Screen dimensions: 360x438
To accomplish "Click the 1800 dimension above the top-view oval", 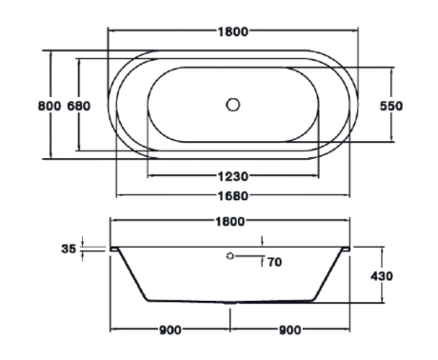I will coord(232,31).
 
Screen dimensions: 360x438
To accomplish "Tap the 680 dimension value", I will coord(79,106).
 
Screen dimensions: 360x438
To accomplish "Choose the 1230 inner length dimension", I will coord(232,177).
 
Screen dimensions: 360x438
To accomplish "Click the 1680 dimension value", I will coord(232,196).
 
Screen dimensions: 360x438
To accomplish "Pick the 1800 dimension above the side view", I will coord(232,220).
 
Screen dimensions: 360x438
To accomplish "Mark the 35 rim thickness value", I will coord(68,250).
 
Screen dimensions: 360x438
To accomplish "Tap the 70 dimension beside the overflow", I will coord(274,261).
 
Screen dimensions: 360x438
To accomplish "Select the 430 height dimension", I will coord(381,276).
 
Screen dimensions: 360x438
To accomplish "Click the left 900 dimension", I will coord(169,330).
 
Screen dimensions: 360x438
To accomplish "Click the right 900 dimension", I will coord(289,330).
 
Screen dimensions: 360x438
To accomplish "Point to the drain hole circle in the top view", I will coord(232,105).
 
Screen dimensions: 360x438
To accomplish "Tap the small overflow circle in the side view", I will coord(229,255).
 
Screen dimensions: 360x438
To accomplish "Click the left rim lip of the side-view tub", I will coord(115,250).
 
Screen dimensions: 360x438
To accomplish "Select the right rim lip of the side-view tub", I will coord(348,250).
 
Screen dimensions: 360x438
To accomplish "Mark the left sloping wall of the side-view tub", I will coord(134,276).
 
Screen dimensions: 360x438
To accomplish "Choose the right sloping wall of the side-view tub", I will coord(329,276).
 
